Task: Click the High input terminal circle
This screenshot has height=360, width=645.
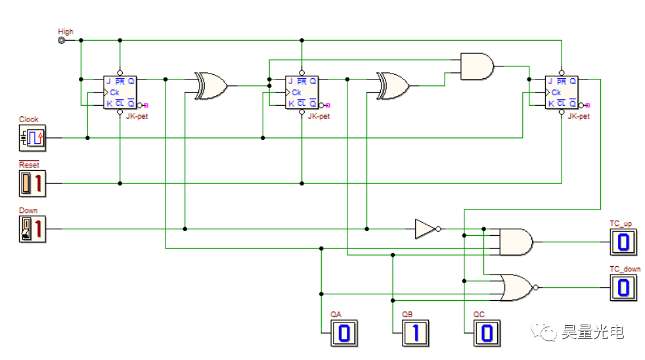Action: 62,40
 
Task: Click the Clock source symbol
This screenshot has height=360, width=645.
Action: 32,137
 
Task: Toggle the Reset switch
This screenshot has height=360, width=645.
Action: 32,183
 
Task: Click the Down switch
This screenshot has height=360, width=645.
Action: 32,229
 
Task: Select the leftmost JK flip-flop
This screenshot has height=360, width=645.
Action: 120,92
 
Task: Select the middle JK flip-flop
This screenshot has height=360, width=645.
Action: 301,92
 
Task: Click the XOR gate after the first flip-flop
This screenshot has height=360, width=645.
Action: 210,86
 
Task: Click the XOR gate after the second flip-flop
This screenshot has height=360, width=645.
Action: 392,86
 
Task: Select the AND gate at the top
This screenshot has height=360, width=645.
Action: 478,66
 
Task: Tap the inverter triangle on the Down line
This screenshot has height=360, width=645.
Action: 425,229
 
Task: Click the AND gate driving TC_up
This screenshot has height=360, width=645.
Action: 516,242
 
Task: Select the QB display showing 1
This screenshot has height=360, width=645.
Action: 414,333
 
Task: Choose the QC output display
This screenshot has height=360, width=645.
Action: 485,333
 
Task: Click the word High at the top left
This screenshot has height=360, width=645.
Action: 66,31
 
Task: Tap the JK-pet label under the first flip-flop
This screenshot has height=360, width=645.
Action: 135,116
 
